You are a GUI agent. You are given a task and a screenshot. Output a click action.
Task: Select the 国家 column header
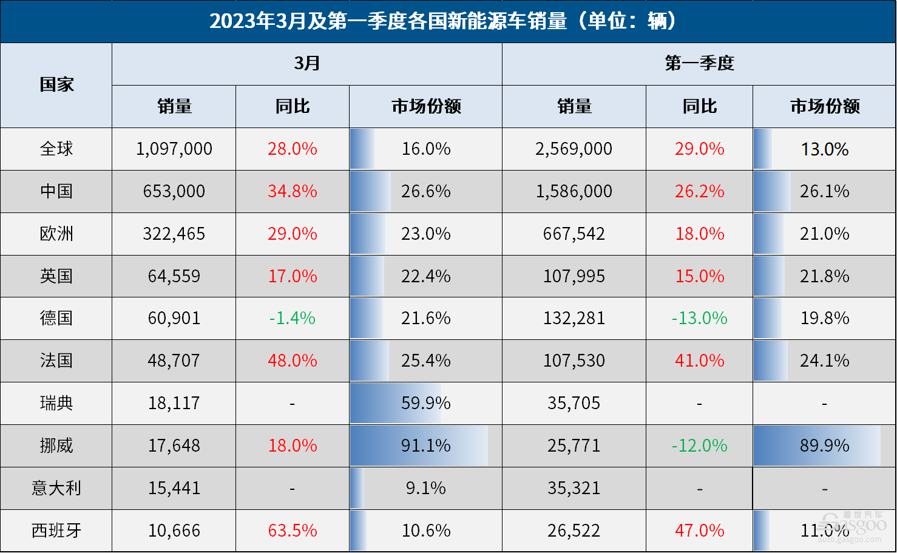point(56,85)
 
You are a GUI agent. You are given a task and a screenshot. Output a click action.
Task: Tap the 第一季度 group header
point(699,64)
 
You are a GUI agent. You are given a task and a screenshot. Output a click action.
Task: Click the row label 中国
point(56,191)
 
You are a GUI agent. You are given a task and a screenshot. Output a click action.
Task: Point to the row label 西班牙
point(56,531)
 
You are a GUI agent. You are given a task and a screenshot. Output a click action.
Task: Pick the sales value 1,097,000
point(174,149)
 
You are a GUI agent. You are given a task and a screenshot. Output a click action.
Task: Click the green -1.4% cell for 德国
point(293,318)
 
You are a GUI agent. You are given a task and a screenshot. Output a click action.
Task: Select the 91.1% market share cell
point(425,446)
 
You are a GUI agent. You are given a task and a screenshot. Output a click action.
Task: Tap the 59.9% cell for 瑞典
point(425,403)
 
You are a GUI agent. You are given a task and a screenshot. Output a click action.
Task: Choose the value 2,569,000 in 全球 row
point(574,149)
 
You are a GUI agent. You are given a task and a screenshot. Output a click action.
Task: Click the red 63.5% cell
point(293,531)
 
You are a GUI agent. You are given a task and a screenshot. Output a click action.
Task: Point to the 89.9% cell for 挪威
point(824,446)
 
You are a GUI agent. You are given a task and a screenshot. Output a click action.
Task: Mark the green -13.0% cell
point(699,318)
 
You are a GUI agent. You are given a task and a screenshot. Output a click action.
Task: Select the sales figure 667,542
point(574,234)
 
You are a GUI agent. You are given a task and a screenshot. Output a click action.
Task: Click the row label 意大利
point(56,488)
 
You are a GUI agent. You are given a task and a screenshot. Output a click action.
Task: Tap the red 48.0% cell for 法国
point(293,361)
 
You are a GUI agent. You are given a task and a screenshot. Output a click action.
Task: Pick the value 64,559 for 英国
point(174,276)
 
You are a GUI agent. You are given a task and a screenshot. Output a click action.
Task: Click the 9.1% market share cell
point(425,488)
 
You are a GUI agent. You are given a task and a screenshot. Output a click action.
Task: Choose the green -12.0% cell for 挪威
point(699,446)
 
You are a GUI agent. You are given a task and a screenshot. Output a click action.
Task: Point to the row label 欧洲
point(56,234)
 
